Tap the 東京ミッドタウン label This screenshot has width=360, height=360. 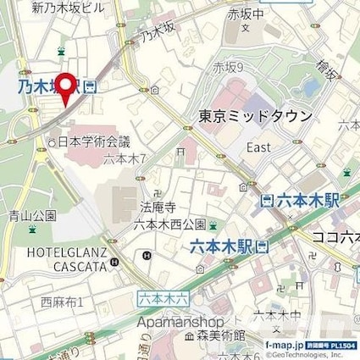[256, 116]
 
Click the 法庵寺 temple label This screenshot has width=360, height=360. [153, 207]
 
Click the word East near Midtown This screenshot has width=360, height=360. [258, 147]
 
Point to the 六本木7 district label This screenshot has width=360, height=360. [126, 158]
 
